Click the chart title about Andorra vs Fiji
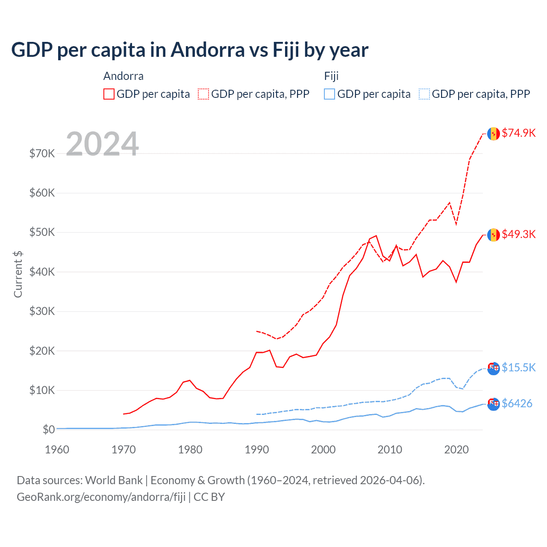point(190,50)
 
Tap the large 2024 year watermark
point(102,144)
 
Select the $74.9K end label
point(518,133)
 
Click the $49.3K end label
point(518,234)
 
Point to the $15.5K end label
point(518,368)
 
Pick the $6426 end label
point(517,403)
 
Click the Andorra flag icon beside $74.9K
point(494,134)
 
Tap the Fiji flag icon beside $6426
point(494,404)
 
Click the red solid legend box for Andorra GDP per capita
point(109,94)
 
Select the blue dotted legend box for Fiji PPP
point(424,94)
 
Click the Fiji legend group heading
point(331,76)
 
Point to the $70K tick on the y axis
point(42,153)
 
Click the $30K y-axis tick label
point(42,311)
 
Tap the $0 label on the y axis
point(49,429)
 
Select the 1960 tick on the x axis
point(57,450)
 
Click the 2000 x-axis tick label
point(323,450)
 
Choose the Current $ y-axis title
point(18,274)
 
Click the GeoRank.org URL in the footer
point(101,497)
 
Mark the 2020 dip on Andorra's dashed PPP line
point(456,224)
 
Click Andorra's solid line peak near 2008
point(376,235)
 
